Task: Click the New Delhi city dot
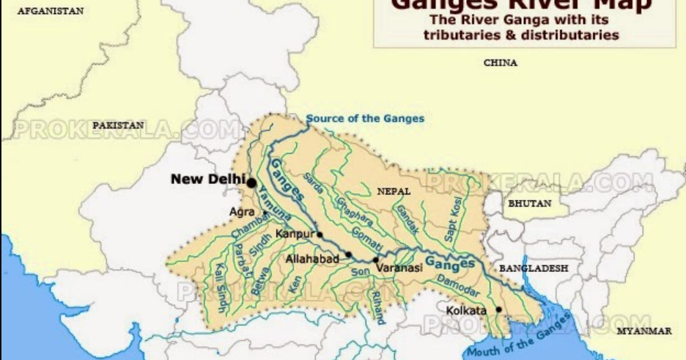tap(251, 182)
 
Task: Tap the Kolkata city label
tap(466, 311)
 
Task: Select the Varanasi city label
tap(399, 268)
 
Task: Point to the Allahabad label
tap(311, 260)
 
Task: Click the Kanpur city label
tap(294, 235)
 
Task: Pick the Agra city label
tap(242, 211)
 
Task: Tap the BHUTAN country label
tap(528, 204)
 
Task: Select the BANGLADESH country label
tap(534, 269)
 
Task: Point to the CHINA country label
tap(501, 63)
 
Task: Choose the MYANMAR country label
tap(644, 331)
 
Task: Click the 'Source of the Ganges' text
tap(365, 118)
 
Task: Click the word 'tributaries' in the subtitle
tap(462, 34)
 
